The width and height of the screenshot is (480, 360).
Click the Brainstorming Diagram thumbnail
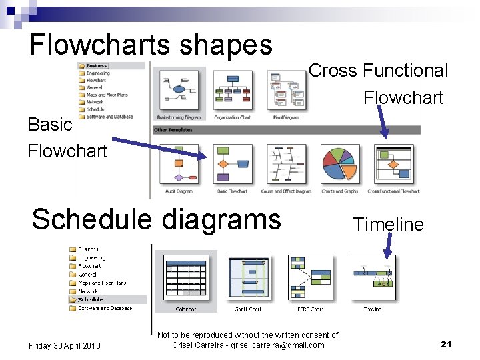click(179, 89)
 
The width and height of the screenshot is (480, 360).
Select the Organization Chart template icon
click(233, 89)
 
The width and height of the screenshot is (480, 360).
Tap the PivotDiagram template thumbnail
click(286, 89)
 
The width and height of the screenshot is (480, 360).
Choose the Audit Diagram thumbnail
click(179, 164)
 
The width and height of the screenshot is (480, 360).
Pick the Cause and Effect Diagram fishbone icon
click(286, 164)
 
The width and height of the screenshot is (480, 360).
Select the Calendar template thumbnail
click(186, 277)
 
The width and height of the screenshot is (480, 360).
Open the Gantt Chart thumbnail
click(248, 277)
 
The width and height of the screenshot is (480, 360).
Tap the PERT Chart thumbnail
click(311, 277)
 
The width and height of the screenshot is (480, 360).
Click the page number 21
click(446, 344)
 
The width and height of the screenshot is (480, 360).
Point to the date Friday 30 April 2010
click(65, 345)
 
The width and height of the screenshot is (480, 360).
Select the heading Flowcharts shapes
click(151, 45)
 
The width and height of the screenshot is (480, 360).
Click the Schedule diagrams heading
click(156, 219)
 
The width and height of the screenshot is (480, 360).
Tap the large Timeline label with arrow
click(388, 224)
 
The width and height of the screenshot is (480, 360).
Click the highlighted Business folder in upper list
click(96, 66)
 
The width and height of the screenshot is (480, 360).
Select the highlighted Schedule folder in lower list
click(92, 300)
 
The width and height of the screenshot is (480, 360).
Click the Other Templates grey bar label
click(173, 130)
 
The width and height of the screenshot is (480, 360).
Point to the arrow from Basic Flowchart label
click(160, 147)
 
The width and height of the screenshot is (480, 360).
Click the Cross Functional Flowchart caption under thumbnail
click(393, 191)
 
